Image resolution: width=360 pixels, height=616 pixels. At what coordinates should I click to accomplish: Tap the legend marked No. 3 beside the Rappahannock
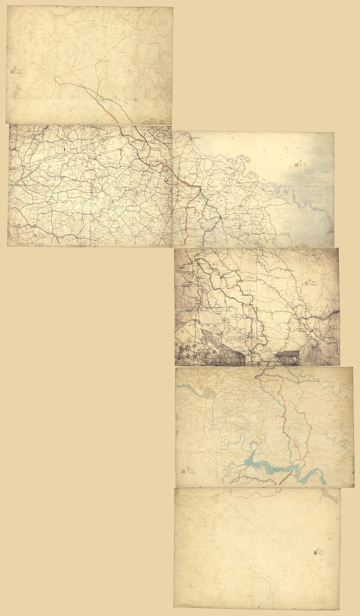297,165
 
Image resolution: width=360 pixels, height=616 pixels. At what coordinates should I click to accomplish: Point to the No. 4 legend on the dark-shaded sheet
308,283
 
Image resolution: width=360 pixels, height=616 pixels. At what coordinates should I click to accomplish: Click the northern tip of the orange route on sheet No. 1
76,59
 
